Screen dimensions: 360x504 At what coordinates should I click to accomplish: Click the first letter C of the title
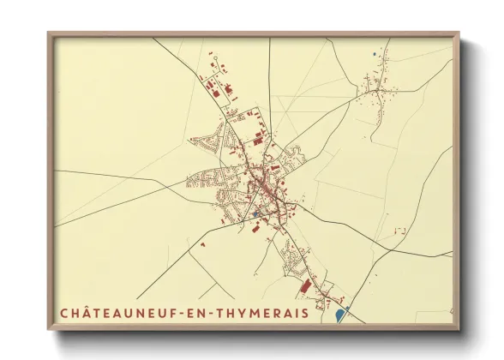tap(64, 314)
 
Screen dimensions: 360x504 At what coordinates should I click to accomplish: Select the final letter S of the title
tap(304, 314)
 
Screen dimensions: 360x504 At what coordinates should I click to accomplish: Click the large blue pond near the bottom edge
tap(340, 315)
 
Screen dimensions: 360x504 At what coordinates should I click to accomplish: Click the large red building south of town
tap(303, 286)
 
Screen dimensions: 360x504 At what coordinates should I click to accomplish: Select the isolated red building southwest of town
tap(203, 244)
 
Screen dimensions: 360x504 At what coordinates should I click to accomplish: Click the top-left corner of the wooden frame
tap(49, 34)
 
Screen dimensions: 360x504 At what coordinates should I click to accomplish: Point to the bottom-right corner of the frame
tap(459, 329)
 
